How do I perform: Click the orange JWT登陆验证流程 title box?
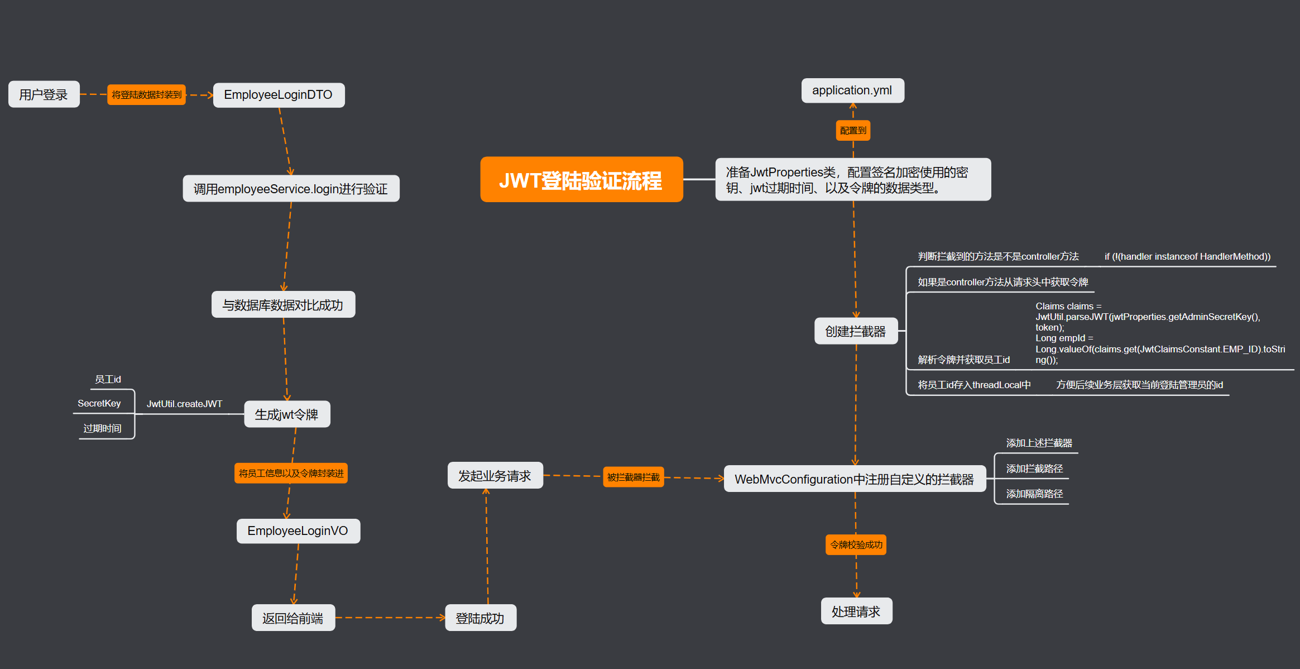pos(581,180)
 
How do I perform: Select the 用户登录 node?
pos(44,94)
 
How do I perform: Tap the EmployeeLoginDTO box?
pos(279,95)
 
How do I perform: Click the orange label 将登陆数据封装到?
pos(146,95)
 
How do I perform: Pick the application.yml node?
pos(852,90)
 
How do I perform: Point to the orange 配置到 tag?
pos(853,131)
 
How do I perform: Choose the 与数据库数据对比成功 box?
pos(283,305)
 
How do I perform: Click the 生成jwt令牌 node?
pos(287,414)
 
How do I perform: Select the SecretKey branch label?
pos(99,403)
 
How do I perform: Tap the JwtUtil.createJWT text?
pos(184,404)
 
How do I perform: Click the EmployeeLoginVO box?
pos(298,531)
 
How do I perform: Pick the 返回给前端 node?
pos(293,618)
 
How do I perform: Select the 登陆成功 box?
pos(480,618)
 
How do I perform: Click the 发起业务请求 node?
pos(495,476)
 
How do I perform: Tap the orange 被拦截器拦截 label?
pos(634,477)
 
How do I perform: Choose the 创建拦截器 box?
pos(856,331)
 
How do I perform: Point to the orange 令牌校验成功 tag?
pos(856,544)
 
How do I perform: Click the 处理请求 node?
pos(856,611)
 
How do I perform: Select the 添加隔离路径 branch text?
pos(1034,494)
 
